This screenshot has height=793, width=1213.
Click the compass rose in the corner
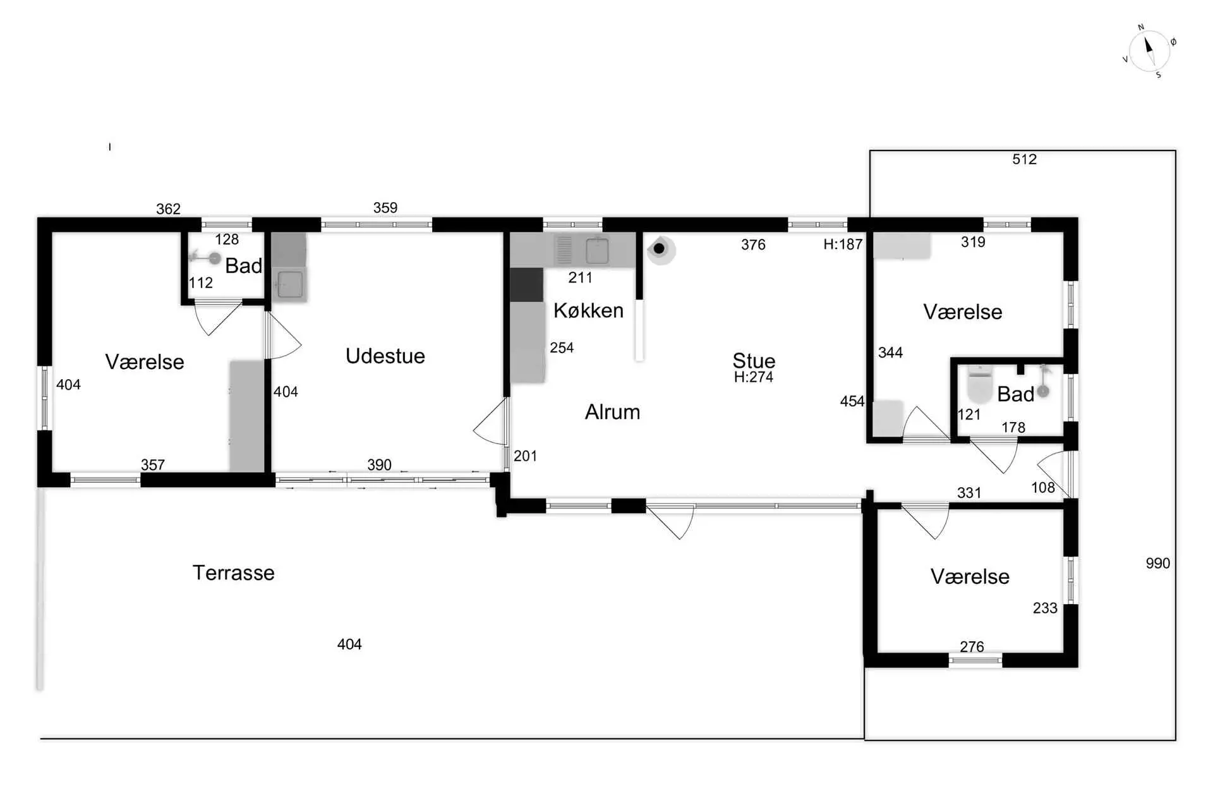pyautogui.click(x=1149, y=51)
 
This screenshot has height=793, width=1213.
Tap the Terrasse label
pyautogui.click(x=234, y=573)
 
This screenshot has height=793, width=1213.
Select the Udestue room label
pyautogui.click(x=385, y=356)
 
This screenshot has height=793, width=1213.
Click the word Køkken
pyautogui.click(x=588, y=310)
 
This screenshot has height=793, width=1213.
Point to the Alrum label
pyautogui.click(x=612, y=412)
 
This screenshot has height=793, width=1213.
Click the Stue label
pyautogui.click(x=754, y=360)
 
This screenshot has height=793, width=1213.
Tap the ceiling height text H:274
pyautogui.click(x=754, y=377)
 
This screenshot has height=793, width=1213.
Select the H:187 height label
pyautogui.click(x=843, y=245)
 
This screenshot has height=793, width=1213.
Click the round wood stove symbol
pyautogui.click(x=660, y=249)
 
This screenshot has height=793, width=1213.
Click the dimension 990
pyautogui.click(x=1158, y=564)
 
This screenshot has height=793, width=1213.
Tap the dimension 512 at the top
pyautogui.click(x=1024, y=159)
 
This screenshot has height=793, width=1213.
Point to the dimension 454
pyautogui.click(x=852, y=401)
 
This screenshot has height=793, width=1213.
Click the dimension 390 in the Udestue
pyautogui.click(x=379, y=465)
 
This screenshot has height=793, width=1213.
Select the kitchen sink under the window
pyautogui.click(x=597, y=251)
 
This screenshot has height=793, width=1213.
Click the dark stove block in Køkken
pyautogui.click(x=527, y=285)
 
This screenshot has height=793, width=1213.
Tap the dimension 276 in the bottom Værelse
pyautogui.click(x=972, y=647)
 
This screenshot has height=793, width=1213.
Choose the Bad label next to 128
pyautogui.click(x=243, y=266)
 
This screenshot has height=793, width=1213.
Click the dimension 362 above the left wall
pyautogui.click(x=168, y=209)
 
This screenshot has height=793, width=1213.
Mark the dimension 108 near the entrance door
pyautogui.click(x=1043, y=488)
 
